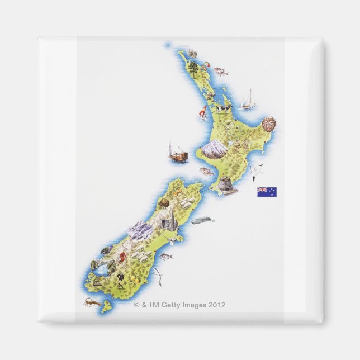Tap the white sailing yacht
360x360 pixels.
click(x=248, y=101)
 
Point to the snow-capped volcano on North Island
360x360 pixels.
click(x=213, y=148)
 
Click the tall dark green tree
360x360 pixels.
click(x=193, y=68)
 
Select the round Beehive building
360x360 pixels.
click(x=228, y=185)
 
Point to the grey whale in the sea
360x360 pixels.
click(x=202, y=221)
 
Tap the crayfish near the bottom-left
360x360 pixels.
click(x=92, y=302)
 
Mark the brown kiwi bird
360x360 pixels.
click(x=164, y=201)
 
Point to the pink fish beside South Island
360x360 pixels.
click(x=165, y=257)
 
